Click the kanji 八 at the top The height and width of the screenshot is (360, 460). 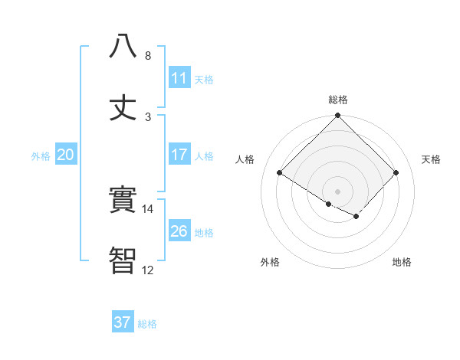click(123, 46)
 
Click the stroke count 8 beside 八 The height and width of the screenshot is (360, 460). click(148, 56)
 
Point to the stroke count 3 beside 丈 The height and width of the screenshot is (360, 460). click(148, 117)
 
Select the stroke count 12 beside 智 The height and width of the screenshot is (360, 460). click(148, 270)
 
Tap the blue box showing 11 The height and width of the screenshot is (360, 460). click(179, 78)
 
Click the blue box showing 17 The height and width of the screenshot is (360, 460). click(179, 155)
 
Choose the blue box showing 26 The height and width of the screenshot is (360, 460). click(179, 231)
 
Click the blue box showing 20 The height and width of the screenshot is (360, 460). click(66, 155)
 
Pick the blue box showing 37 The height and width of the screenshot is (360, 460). click(123, 322)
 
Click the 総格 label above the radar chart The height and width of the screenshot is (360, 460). click(338, 100)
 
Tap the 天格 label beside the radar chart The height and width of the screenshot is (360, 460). click(432, 159)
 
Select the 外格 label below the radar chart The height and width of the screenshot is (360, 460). click(270, 263)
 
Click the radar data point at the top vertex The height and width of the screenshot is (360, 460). click(338, 116)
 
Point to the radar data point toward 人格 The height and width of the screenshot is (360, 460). click(280, 173)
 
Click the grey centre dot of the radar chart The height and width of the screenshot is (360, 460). click(338, 191)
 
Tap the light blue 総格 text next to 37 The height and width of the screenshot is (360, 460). click(148, 324)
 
